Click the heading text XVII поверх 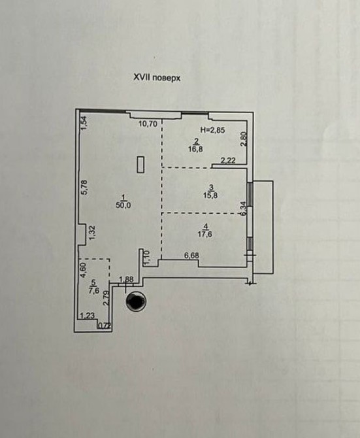tap(157, 78)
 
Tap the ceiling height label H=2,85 tap(212, 130)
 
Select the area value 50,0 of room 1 tap(123, 205)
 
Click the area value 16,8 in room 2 tap(195, 149)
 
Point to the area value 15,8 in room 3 tap(210, 195)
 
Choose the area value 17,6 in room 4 tap(205, 234)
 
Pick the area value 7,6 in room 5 tap(94, 291)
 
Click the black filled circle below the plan tap(136, 301)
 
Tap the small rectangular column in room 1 tap(140, 165)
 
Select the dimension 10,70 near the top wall tap(148, 124)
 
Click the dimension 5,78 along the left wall tap(84, 187)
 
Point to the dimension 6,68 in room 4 tap(191, 256)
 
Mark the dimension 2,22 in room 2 tap(228, 161)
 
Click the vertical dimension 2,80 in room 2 tap(244, 139)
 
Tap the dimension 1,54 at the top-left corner tap(84, 123)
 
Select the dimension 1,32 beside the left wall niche tap(92, 233)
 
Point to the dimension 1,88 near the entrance tap(127, 279)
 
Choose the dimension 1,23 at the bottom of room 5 tap(88, 316)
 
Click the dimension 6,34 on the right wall tap(244, 209)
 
